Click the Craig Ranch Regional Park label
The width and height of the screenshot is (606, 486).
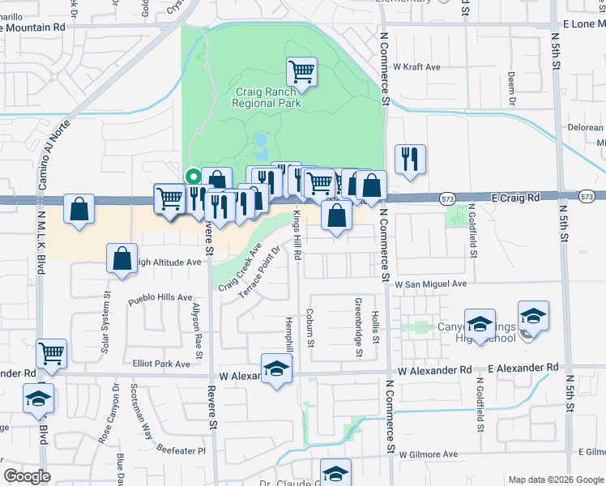pyautogui.click(x=267, y=97)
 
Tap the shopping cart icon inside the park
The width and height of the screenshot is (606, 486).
pyautogui.click(x=302, y=71)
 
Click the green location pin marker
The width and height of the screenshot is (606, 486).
pyautogui.click(x=193, y=174)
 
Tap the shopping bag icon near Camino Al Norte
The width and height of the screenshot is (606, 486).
pyautogui.click(x=79, y=210)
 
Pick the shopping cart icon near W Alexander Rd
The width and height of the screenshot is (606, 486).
pyautogui.click(x=52, y=352)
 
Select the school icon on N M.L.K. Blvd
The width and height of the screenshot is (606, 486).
pyautogui.click(x=38, y=399)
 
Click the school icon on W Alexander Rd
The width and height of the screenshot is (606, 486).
pyautogui.click(x=276, y=369)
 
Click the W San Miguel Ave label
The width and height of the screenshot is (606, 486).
pyautogui.click(x=431, y=284)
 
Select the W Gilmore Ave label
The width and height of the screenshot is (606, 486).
pyautogui.click(x=428, y=454)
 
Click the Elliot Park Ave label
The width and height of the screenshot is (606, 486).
pyautogui.click(x=161, y=364)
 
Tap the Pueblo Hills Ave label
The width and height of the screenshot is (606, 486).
pyautogui.click(x=163, y=297)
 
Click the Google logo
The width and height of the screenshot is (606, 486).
pyautogui.click(x=27, y=476)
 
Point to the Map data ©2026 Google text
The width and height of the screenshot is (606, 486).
pyautogui.click(x=555, y=480)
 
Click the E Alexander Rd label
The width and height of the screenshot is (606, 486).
pyautogui.click(x=523, y=368)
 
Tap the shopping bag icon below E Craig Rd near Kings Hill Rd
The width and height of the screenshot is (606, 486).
pyautogui.click(x=336, y=215)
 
